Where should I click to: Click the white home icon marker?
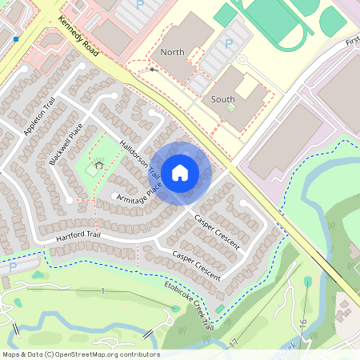(x=180, y=172)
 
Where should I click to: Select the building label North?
(x=172, y=52)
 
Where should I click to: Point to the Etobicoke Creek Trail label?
(x=189, y=304)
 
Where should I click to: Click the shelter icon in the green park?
(x=98, y=166)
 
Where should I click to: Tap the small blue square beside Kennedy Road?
(x=16, y=38)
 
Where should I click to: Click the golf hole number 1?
(x=102, y=290)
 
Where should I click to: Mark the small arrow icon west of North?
(x=153, y=69)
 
